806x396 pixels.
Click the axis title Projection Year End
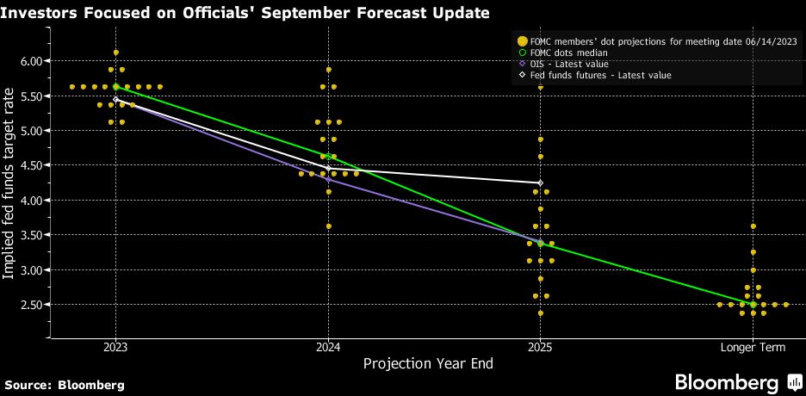click(x=428, y=363)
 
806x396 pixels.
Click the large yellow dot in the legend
click(x=521, y=40)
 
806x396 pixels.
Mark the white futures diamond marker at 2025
click(x=541, y=183)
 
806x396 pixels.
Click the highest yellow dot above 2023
click(x=115, y=53)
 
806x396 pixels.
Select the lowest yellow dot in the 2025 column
click(x=541, y=312)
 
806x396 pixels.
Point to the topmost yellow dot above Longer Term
click(x=753, y=226)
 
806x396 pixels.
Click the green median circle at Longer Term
click(x=753, y=304)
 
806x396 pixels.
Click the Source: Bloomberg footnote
click(x=65, y=384)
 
